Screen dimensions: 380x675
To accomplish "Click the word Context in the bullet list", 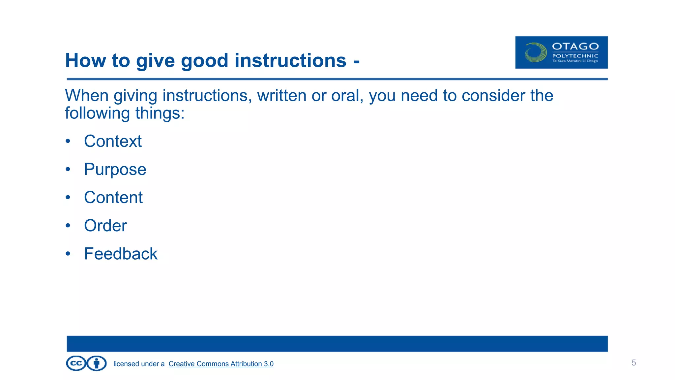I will pyautogui.click(x=113, y=141).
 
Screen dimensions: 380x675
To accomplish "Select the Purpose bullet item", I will pyautogui.click(x=115, y=170).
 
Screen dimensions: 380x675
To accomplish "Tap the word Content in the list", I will pyautogui.click(x=113, y=198).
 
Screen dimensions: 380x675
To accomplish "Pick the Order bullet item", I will pyautogui.click(x=105, y=226).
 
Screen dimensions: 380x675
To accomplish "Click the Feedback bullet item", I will pyautogui.click(x=121, y=254).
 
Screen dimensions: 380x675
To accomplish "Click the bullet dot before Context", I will pyautogui.click(x=68, y=141).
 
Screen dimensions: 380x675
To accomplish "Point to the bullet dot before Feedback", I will pyautogui.click(x=68, y=254).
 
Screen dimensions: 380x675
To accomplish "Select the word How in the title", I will pyautogui.click(x=86, y=61).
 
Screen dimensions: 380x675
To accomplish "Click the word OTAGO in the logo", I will pyautogui.click(x=575, y=47).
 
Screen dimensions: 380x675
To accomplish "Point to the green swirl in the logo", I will pyautogui.click(x=535, y=52).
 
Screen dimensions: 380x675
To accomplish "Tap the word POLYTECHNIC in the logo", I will pyautogui.click(x=575, y=56).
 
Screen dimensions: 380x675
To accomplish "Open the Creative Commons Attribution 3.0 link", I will pyautogui.click(x=221, y=364).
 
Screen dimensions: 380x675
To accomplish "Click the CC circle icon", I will pyautogui.click(x=76, y=364).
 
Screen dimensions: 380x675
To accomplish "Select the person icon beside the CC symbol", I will pyautogui.click(x=97, y=364).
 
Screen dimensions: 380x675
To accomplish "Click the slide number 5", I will pyautogui.click(x=633, y=363).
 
